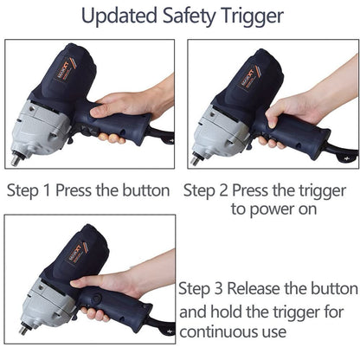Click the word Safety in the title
pos(189,16)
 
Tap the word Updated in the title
pos(119,16)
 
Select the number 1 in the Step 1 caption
pos(47,190)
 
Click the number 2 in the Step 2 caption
pos(223,190)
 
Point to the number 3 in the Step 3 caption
pos(218,288)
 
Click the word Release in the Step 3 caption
pos(254,288)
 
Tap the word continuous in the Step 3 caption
pos(218,331)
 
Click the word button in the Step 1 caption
pos(146,190)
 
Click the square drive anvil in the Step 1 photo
pos(16,159)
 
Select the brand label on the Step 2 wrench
pos(248,77)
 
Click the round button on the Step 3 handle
pos(96,298)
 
